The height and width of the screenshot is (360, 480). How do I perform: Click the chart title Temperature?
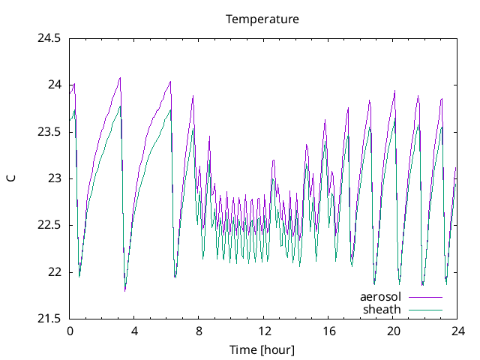tap(262, 19)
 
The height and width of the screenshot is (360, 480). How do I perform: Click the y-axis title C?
tap(10, 178)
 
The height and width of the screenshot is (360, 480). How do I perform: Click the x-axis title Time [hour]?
tap(262, 349)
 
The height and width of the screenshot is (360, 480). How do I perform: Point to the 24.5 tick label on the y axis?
tap(49, 38)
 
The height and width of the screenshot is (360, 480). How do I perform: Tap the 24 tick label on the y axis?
tap(55, 85)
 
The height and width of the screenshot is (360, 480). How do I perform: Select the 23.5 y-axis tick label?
tap(49, 132)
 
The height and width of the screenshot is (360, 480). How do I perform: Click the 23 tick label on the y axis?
tap(55, 178)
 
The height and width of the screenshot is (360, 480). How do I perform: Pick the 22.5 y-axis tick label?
tap(49, 225)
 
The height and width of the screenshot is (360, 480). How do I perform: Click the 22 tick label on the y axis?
tap(55, 272)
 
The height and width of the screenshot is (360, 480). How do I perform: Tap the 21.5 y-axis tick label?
tap(49, 319)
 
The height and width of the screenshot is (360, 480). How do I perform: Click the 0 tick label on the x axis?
tap(70, 331)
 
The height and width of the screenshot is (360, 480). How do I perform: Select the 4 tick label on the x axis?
tap(134, 331)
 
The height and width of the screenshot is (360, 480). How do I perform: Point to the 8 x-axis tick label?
tap(199, 331)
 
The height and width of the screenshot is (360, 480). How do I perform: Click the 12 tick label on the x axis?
tap(264, 331)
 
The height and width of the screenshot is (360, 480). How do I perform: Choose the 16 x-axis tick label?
tap(328, 331)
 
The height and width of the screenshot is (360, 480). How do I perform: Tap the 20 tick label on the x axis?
tap(393, 331)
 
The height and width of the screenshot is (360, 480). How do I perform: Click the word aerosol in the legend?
tap(380, 296)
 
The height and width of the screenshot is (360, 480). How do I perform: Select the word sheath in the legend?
tap(382, 308)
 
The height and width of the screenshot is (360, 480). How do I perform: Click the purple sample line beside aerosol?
tap(424, 297)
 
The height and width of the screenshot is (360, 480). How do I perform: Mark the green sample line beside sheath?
tap(424, 309)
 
